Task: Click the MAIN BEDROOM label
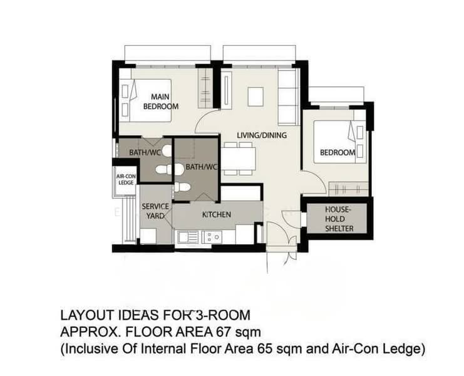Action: pyautogui.click(x=161, y=102)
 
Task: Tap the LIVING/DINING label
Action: pyautogui.click(x=262, y=135)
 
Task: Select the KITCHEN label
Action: pyautogui.click(x=216, y=215)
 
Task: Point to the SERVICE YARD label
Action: pyautogui.click(x=155, y=211)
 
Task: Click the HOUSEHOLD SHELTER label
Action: pyautogui.click(x=339, y=219)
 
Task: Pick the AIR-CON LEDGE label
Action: pyautogui.click(x=126, y=179)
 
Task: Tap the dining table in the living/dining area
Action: pyautogui.click(x=239, y=159)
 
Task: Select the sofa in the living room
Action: pyautogui.click(x=288, y=97)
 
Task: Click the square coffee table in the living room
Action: pyautogui.click(x=255, y=97)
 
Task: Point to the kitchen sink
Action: pyautogui.click(x=188, y=237)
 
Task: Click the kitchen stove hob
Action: pyautogui.click(x=212, y=237)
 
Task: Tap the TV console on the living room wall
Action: pyautogui.click(x=226, y=91)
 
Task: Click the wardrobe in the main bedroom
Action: pyautogui.click(x=205, y=88)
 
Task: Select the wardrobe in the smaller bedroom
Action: pyautogui.click(x=349, y=189)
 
